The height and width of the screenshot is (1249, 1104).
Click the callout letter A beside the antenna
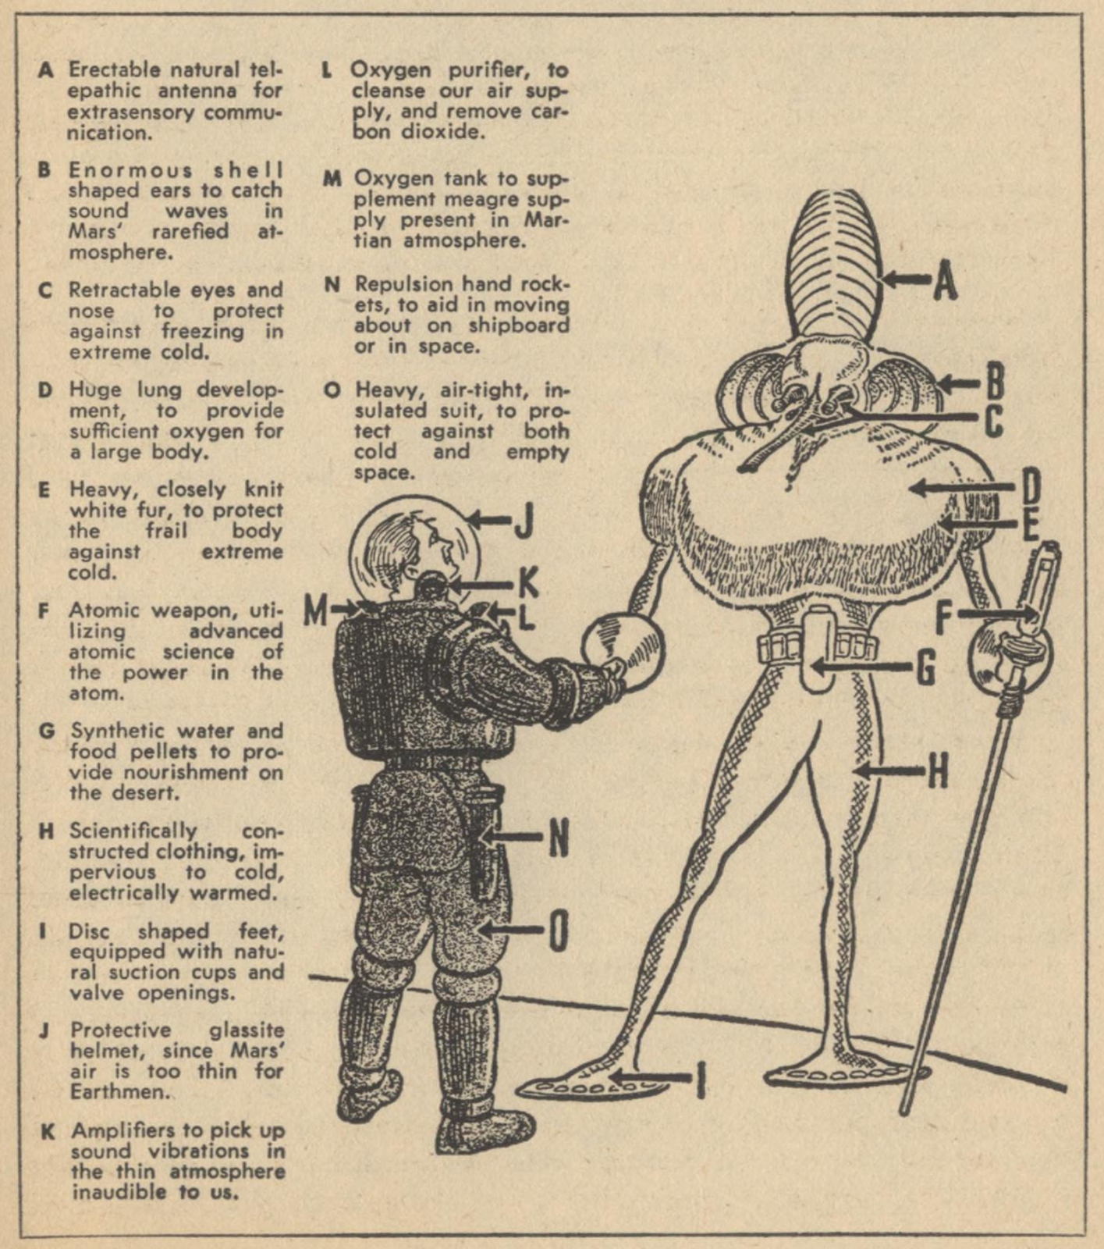(x=945, y=281)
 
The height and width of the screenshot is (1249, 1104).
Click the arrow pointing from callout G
(x=858, y=667)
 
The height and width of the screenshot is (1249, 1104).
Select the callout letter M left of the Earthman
(x=315, y=612)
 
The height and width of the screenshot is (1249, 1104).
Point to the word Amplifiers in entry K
(x=129, y=1131)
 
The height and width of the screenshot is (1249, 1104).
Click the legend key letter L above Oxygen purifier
(x=328, y=70)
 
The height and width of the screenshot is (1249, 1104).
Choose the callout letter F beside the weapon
(x=944, y=617)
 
